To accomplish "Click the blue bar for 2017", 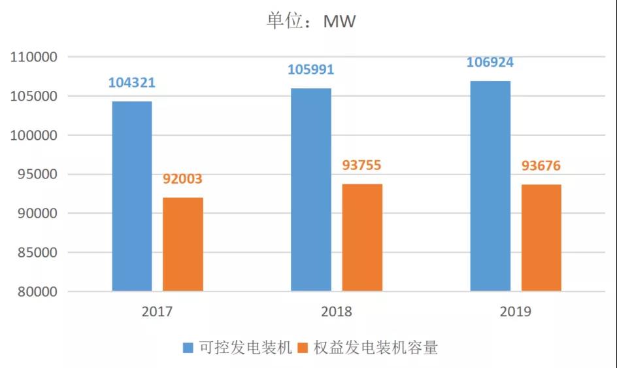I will pyautogui.click(x=132, y=196).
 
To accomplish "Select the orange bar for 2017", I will pyautogui.click(x=183, y=244).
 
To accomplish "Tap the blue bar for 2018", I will pyautogui.click(x=311, y=190).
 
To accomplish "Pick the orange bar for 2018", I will pyautogui.click(x=362, y=237).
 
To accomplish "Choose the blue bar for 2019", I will pyautogui.click(x=490, y=186).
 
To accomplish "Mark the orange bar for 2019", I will pyautogui.click(x=541, y=238).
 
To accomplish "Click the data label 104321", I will pyautogui.click(x=132, y=83).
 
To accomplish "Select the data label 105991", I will pyautogui.click(x=311, y=70).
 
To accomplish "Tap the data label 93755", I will pyautogui.click(x=361, y=165).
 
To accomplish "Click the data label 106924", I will pyautogui.click(x=490, y=63).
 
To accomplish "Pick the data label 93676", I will pyautogui.click(x=541, y=166).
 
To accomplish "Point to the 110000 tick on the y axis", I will pyautogui.click(x=35, y=58).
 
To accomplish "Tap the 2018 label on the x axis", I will pyautogui.click(x=337, y=312).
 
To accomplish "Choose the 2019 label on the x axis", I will pyautogui.click(x=516, y=312).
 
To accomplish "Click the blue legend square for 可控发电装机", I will pyautogui.click(x=188, y=348).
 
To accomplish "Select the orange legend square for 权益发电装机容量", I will pyautogui.click(x=303, y=348).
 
